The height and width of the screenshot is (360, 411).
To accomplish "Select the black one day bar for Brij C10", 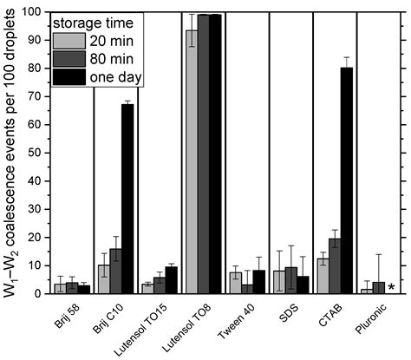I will coord(127,199).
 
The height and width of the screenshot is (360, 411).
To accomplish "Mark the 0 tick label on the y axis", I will coord(39,294).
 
